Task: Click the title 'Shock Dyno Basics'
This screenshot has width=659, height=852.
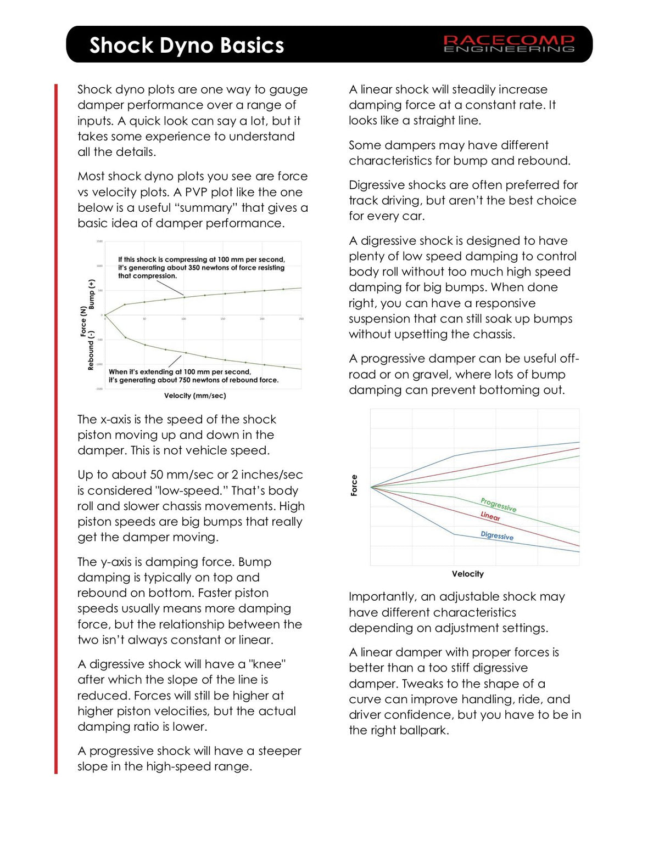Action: tap(187, 45)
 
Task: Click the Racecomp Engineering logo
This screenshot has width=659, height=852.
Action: tap(509, 44)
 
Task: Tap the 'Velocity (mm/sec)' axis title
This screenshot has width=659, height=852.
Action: tap(195, 396)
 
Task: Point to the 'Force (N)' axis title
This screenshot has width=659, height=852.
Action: tap(83, 321)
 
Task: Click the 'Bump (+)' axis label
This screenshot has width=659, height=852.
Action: tap(92, 294)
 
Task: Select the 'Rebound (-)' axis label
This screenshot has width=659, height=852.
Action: tap(91, 350)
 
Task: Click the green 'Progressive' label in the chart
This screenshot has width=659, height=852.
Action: tap(498, 504)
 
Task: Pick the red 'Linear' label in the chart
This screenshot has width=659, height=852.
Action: tap(490, 516)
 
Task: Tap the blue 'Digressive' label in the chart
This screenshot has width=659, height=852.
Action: tap(497, 535)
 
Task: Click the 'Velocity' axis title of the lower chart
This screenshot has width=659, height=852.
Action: tap(467, 574)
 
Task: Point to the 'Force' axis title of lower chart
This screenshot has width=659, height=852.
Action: tap(354, 486)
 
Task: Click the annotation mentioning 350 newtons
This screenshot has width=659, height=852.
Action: tap(201, 268)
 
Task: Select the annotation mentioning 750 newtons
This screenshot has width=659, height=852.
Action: tap(193, 376)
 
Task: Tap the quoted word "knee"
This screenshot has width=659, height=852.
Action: tap(268, 664)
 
